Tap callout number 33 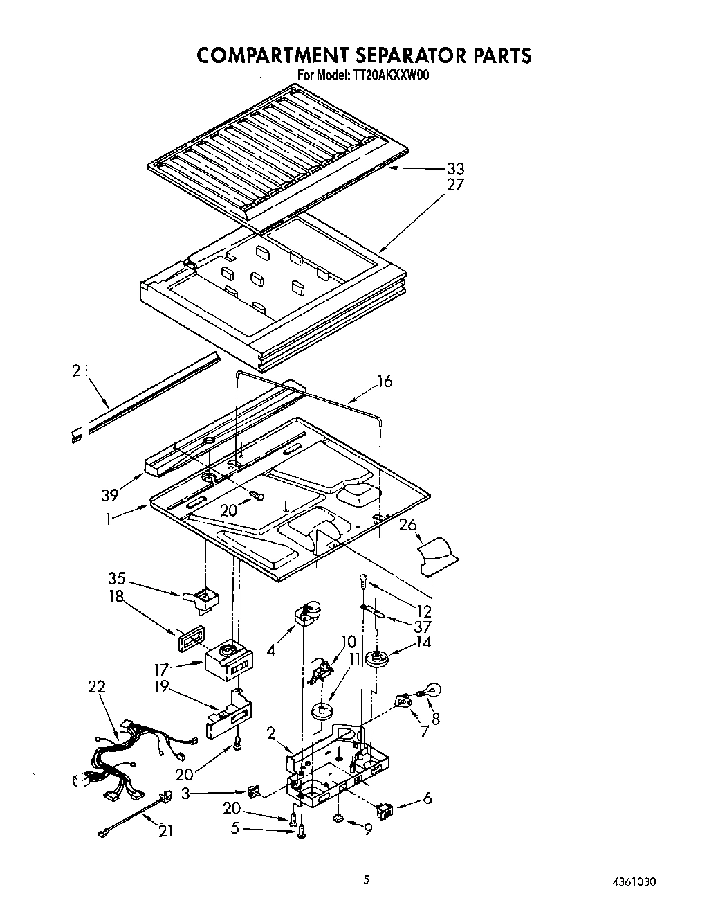tap(455, 169)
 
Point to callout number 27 tap(455, 185)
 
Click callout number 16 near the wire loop tap(385, 381)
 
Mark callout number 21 tap(165, 831)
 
